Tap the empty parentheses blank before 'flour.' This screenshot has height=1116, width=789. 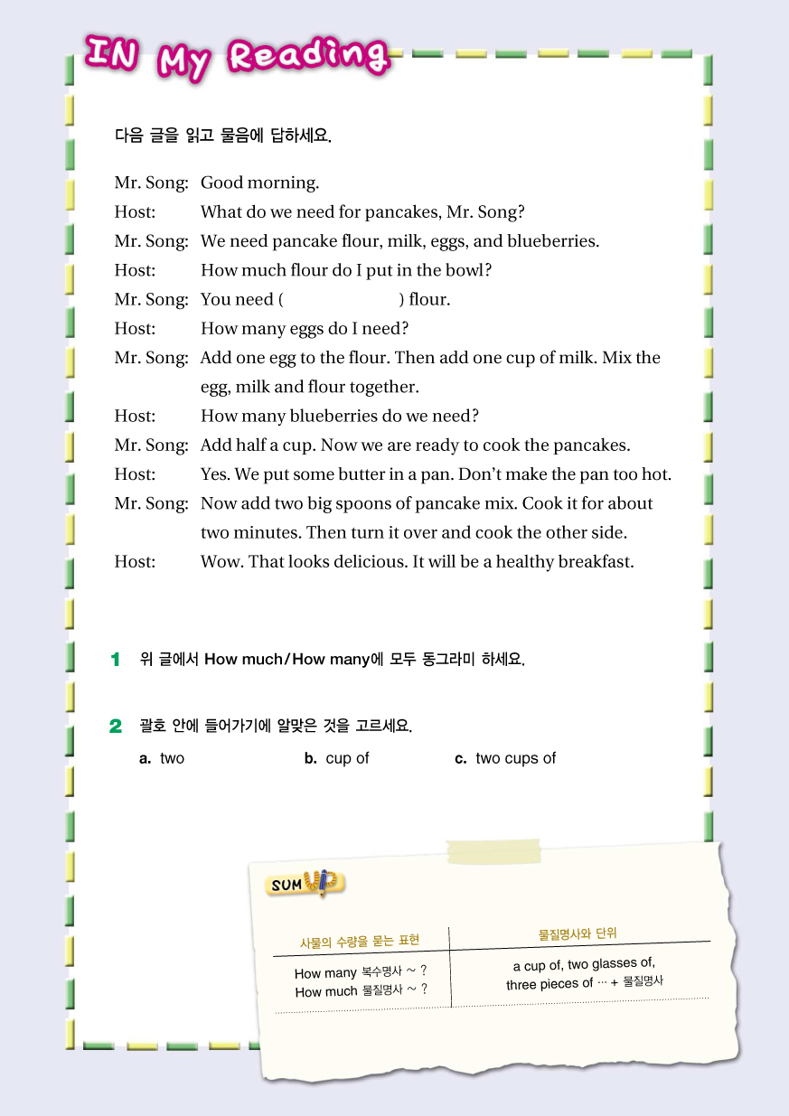tap(342, 299)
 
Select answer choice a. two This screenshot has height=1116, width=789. tap(163, 758)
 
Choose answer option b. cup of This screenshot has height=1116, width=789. tap(337, 758)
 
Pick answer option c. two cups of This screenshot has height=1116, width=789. tap(506, 758)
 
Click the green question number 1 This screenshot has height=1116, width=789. tap(116, 660)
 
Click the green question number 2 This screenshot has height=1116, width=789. tap(116, 726)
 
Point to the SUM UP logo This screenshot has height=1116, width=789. tap(305, 883)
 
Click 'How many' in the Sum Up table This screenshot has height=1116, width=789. tap(325, 973)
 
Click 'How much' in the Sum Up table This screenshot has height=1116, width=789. tap(325, 991)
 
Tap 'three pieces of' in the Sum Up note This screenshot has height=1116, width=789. tap(549, 984)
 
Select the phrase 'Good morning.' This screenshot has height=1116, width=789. tap(259, 183)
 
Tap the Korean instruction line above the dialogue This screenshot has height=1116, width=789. tap(222, 136)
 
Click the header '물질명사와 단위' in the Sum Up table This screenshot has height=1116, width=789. tap(578, 933)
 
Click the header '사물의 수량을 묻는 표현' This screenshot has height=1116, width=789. tap(360, 942)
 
